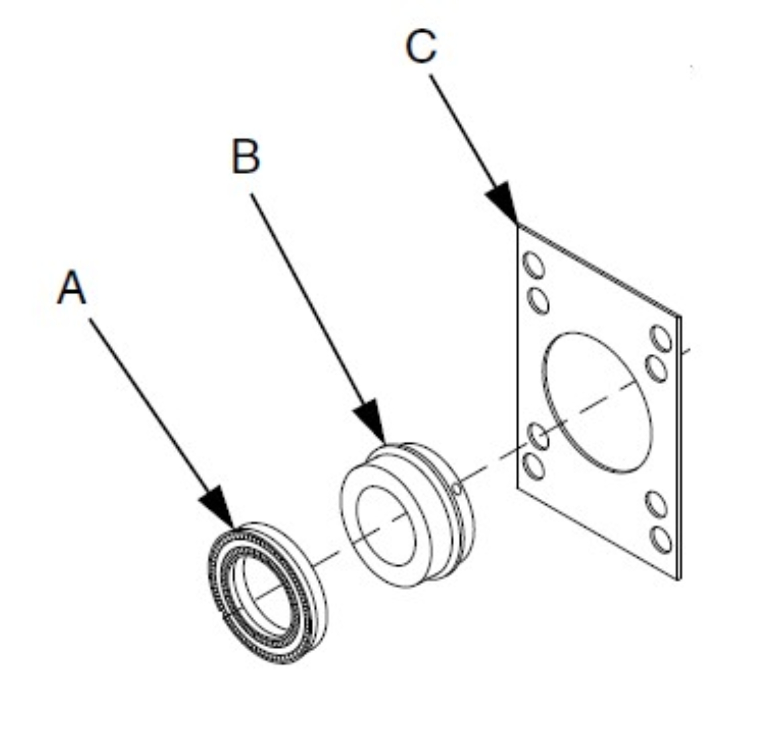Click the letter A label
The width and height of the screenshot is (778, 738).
[x=72, y=288]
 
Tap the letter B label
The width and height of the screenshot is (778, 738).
[x=245, y=157]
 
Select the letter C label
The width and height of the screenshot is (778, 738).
[x=422, y=47]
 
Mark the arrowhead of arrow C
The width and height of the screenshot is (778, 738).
[x=503, y=203]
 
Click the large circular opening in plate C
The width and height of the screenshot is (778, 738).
[x=597, y=402]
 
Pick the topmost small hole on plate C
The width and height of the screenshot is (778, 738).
[x=534, y=266]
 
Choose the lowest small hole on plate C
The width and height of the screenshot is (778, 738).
[x=661, y=539]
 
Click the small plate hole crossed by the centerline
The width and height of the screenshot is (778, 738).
[x=538, y=436]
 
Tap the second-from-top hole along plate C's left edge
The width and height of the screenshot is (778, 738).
[x=539, y=300]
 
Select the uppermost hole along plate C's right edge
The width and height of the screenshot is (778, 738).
[x=662, y=338]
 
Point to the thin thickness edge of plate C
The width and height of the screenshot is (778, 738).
[x=679, y=452]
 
